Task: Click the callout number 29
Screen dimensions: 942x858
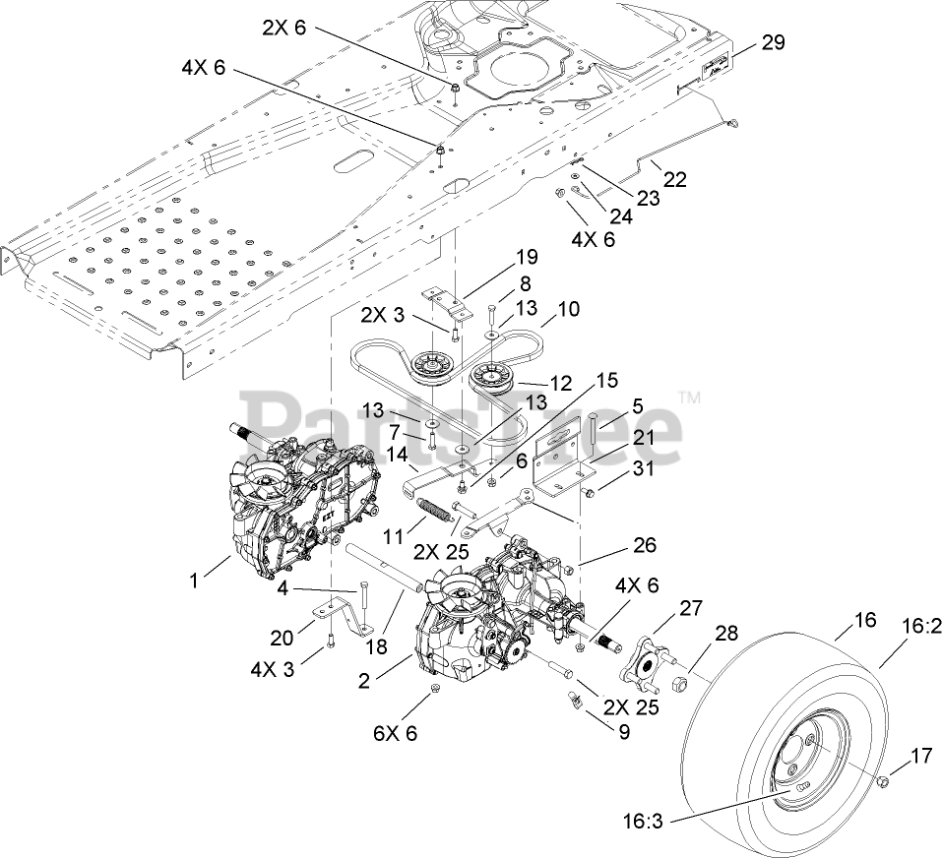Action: coord(774,41)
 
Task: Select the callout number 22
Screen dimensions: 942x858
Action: coord(675,180)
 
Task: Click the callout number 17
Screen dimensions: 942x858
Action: coord(920,757)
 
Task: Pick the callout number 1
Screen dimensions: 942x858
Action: coord(194,580)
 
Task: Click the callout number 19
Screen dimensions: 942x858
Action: coord(527,258)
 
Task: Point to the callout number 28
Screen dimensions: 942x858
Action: coord(726,634)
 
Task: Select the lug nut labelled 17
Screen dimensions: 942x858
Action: coord(884,780)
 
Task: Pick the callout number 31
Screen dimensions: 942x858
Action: coord(643,469)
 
